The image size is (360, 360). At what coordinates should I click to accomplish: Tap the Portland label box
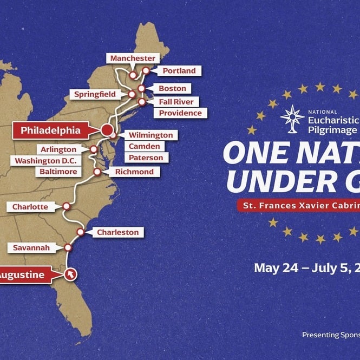click(x=176, y=71)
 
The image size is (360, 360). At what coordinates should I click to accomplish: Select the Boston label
click(x=172, y=88)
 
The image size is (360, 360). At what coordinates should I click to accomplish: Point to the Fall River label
click(x=176, y=101)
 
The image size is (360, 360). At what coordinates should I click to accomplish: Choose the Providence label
click(x=180, y=113)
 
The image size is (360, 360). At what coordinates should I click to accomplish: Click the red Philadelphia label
click(x=50, y=130)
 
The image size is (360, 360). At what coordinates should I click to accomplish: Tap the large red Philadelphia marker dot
click(x=107, y=130)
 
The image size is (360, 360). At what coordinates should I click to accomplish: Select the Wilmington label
click(x=150, y=135)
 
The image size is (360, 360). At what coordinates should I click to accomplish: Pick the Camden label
click(x=145, y=146)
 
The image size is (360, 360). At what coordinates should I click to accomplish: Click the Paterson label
click(x=146, y=158)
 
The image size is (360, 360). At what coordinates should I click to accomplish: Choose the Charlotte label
click(x=30, y=207)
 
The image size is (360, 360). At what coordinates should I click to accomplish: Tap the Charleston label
click(x=117, y=232)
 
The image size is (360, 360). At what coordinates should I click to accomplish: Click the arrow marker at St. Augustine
click(x=70, y=274)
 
